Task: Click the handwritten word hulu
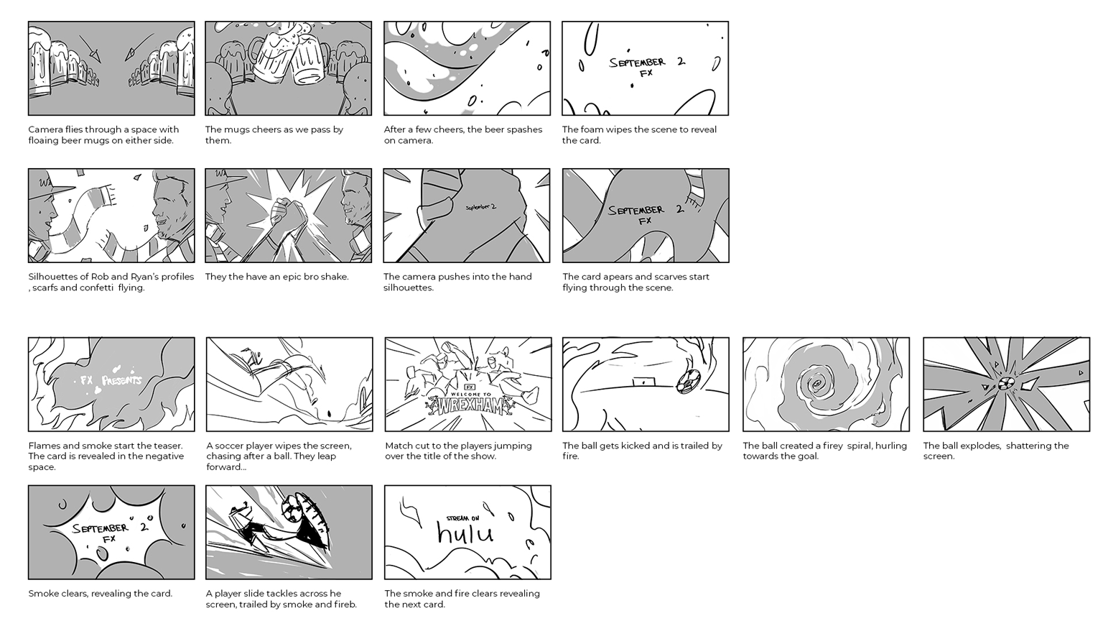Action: coord(465,533)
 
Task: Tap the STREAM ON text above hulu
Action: coord(462,517)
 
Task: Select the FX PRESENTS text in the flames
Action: coord(111,380)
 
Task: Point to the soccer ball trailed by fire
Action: coord(686,382)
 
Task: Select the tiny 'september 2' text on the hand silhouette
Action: coord(480,207)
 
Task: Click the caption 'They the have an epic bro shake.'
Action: coord(276,277)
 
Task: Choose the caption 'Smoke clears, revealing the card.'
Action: coord(100,594)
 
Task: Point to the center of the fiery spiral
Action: coord(818,386)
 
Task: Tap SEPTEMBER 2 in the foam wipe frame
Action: coord(646,63)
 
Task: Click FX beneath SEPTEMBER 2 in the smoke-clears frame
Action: coord(109,539)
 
